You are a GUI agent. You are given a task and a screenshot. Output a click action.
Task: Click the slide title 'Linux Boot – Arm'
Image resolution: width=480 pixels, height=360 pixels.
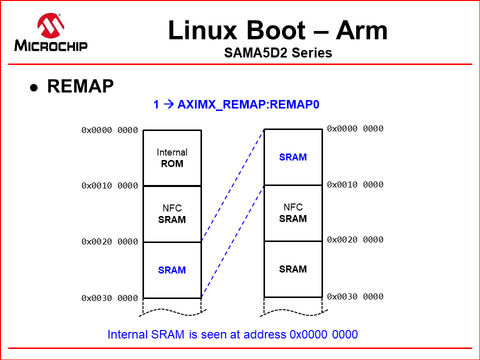pos(277,31)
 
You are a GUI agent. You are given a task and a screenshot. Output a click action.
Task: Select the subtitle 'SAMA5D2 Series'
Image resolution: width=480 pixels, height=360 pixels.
pos(278,52)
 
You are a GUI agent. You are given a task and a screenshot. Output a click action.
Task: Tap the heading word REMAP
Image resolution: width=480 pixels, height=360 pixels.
pos(80,86)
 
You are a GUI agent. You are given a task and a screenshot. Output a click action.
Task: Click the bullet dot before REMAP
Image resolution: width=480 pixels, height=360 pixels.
pos(34,87)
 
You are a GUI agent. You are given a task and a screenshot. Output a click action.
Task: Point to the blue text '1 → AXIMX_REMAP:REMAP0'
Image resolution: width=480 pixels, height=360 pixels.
pos(236,105)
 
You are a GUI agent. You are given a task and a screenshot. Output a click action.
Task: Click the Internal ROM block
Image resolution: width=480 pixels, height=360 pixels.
pos(172,158)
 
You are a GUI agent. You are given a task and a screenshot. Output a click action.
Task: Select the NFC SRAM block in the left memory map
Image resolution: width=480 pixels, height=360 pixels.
pos(172,214)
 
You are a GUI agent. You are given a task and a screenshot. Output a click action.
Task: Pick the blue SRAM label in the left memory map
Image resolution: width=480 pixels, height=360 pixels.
pos(172,270)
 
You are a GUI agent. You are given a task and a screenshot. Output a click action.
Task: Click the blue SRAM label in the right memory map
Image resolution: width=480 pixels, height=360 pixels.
pos(293,157)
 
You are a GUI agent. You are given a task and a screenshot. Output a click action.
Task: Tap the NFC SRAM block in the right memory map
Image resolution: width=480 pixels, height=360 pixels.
pos(293,213)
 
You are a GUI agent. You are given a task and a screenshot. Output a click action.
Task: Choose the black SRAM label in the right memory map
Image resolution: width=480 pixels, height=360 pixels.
pos(293,269)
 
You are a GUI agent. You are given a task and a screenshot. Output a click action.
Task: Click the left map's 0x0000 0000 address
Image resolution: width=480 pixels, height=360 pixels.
pos(109,130)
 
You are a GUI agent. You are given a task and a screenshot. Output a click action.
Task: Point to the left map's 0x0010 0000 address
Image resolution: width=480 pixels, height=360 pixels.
pos(109,185)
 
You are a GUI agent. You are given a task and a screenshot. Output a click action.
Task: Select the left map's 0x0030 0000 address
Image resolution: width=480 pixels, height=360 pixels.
pos(109,298)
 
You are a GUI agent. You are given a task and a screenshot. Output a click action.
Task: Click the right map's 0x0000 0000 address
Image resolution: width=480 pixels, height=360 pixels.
pos(355,129)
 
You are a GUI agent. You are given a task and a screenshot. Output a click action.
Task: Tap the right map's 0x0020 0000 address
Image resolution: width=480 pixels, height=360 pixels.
pos(355,240)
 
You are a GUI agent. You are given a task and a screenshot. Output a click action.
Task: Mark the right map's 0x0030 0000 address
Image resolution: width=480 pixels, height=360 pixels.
pos(355,297)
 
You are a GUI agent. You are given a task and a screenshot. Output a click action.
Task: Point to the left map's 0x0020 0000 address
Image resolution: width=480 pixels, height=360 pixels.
pos(109,242)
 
